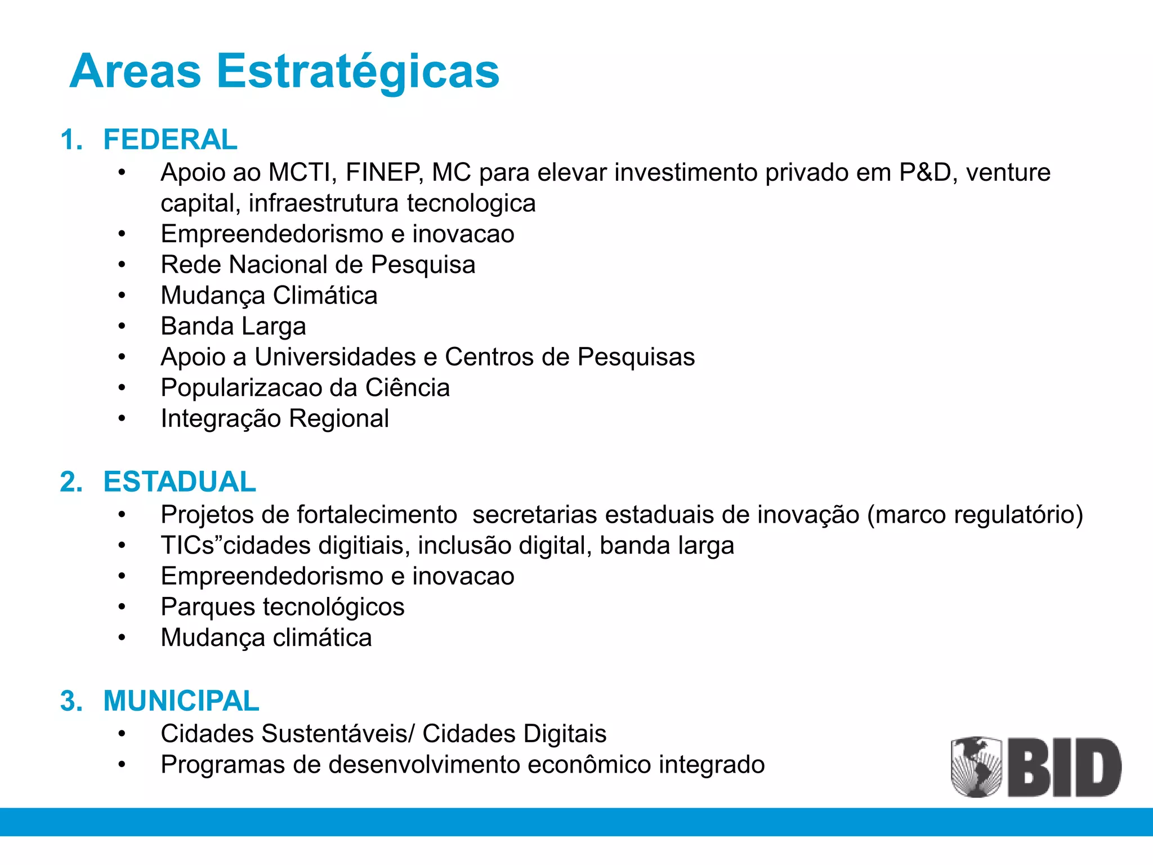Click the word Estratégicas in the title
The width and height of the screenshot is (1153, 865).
357,72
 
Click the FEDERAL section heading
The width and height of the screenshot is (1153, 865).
170,140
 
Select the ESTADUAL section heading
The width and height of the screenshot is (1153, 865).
180,482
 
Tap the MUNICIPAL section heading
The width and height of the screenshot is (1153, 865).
181,701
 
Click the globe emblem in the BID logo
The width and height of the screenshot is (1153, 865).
976,766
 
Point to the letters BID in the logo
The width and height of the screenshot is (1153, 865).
1064,768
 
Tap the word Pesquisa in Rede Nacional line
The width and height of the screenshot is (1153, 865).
423,265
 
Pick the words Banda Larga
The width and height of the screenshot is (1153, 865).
233,327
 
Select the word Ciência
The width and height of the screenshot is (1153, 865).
407,388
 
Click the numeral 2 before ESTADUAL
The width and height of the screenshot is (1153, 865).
69,482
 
